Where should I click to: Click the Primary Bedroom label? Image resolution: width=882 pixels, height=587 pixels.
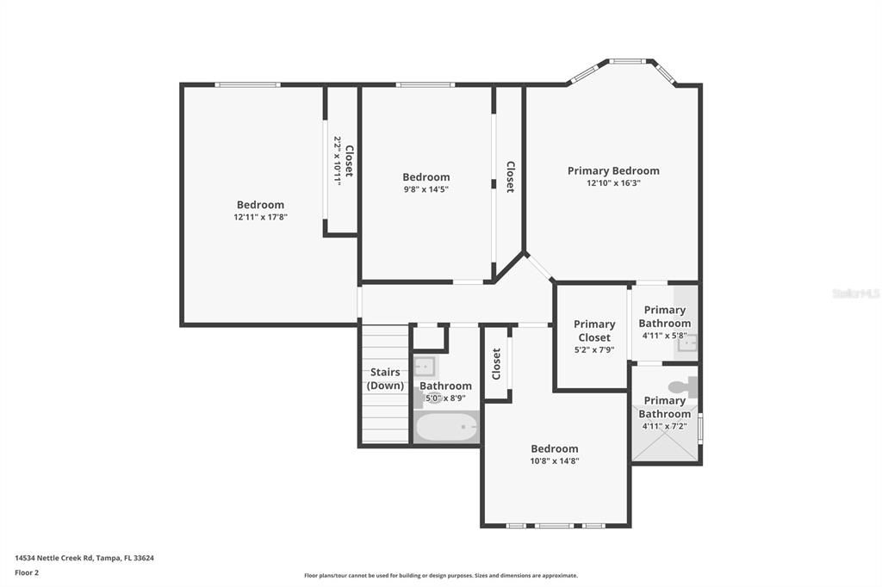point(613,170)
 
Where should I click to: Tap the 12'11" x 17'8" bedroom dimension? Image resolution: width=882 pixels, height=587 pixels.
point(260,218)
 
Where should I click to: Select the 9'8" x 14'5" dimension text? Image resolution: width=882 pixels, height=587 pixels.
point(425,189)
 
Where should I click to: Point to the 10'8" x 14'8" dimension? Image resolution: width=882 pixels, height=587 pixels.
point(554,460)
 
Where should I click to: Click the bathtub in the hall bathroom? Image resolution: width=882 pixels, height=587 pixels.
point(446,427)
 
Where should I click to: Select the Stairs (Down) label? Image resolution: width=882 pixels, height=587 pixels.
point(385,379)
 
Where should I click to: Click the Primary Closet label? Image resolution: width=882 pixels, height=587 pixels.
point(594,331)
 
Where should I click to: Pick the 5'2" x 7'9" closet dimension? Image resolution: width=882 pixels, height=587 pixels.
point(594,350)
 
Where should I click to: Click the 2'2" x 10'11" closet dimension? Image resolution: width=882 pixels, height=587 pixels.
point(338,161)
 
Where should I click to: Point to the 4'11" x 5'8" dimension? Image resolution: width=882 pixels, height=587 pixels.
point(664,337)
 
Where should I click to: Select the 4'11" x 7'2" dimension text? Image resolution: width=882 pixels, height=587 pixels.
point(664,426)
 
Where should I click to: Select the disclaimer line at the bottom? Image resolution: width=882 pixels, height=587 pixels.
point(440,576)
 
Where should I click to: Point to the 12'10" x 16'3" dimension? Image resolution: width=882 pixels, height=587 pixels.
point(613,183)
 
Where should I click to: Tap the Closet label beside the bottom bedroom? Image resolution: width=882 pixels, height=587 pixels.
point(496,364)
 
